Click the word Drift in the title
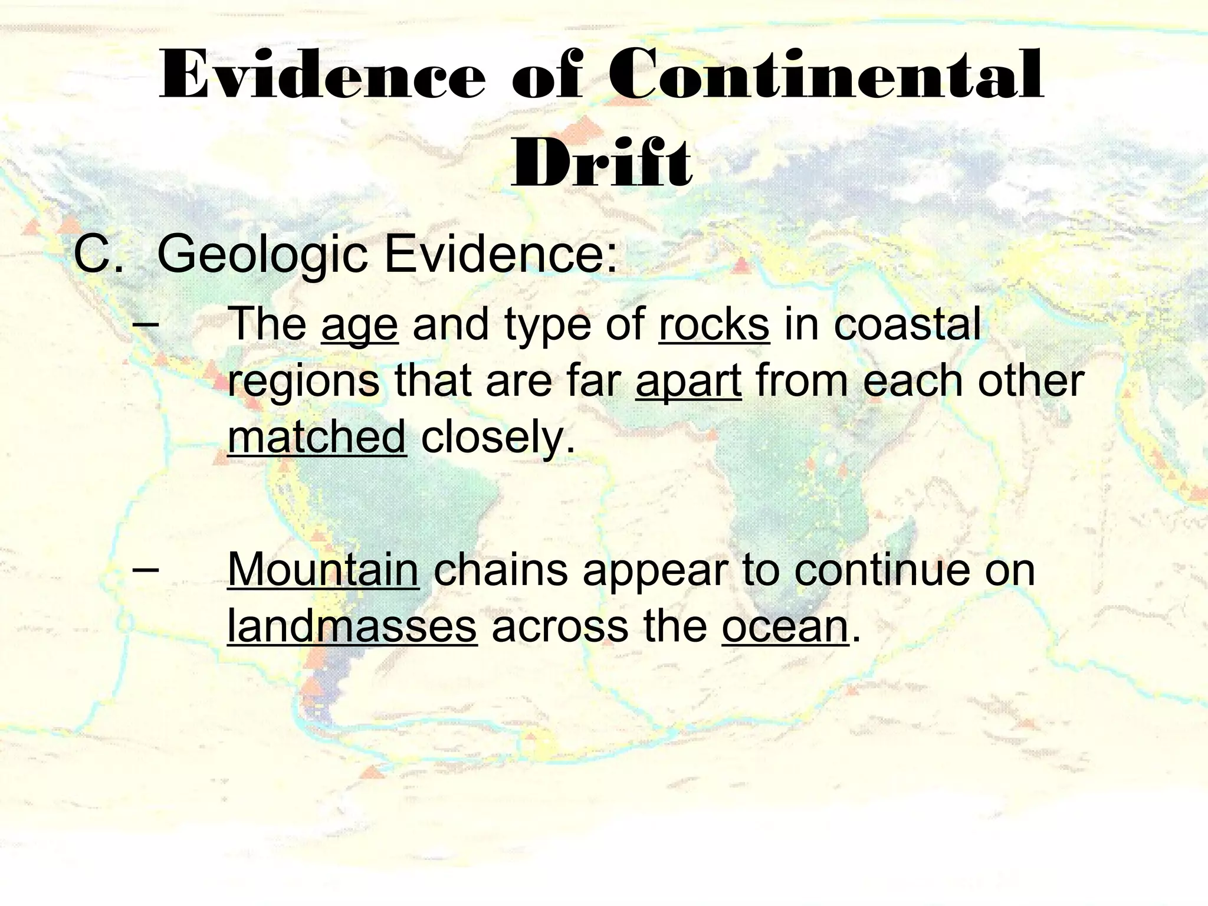coord(602,163)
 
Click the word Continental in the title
coord(826,76)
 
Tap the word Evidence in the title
coord(322,76)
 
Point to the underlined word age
coord(360,325)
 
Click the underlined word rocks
coord(714,324)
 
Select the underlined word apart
coord(688,381)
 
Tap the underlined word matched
coord(317,437)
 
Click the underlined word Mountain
coord(323,570)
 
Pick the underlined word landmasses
coord(352,626)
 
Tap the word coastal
coord(908,324)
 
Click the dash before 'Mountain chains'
coord(145,569)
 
